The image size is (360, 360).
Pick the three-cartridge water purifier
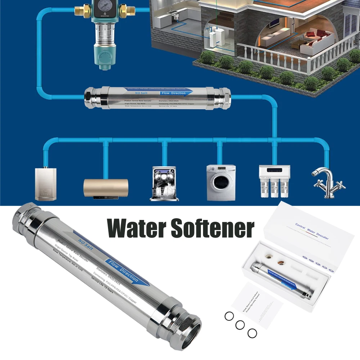(x=275, y=182)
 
